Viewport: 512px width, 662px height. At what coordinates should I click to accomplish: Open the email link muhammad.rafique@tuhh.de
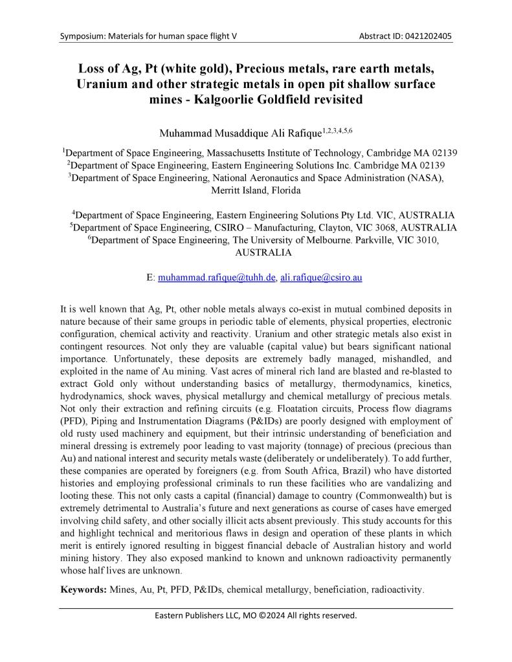point(217,277)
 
